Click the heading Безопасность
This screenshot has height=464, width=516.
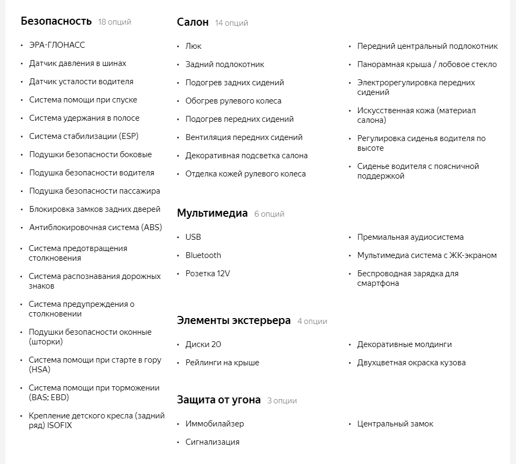click(x=56, y=21)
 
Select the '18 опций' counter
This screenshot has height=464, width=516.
click(x=114, y=22)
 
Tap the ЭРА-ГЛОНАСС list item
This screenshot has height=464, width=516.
click(x=57, y=45)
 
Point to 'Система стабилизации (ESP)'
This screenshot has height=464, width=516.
click(x=84, y=136)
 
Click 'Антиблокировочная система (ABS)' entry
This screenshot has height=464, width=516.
click(x=96, y=227)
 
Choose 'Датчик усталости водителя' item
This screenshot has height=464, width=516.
click(x=81, y=82)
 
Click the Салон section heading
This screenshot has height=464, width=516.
click(x=193, y=22)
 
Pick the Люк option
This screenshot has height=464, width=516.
click(x=193, y=46)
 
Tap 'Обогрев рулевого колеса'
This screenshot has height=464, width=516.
click(x=233, y=101)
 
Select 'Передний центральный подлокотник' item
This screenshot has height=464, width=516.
click(x=427, y=46)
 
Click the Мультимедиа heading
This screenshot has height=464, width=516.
click(x=212, y=213)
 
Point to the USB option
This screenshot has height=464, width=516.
click(x=193, y=237)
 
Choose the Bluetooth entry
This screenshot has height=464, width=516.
click(x=203, y=255)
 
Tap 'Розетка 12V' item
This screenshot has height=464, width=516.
click(x=207, y=274)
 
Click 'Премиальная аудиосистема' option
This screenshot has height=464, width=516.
click(x=410, y=237)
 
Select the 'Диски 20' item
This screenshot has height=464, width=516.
click(x=203, y=344)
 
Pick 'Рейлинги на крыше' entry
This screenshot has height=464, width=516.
click(x=222, y=363)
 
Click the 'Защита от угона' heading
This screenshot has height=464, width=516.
click(x=219, y=400)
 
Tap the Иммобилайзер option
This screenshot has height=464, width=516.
click(x=215, y=424)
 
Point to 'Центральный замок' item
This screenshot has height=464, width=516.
click(x=395, y=424)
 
